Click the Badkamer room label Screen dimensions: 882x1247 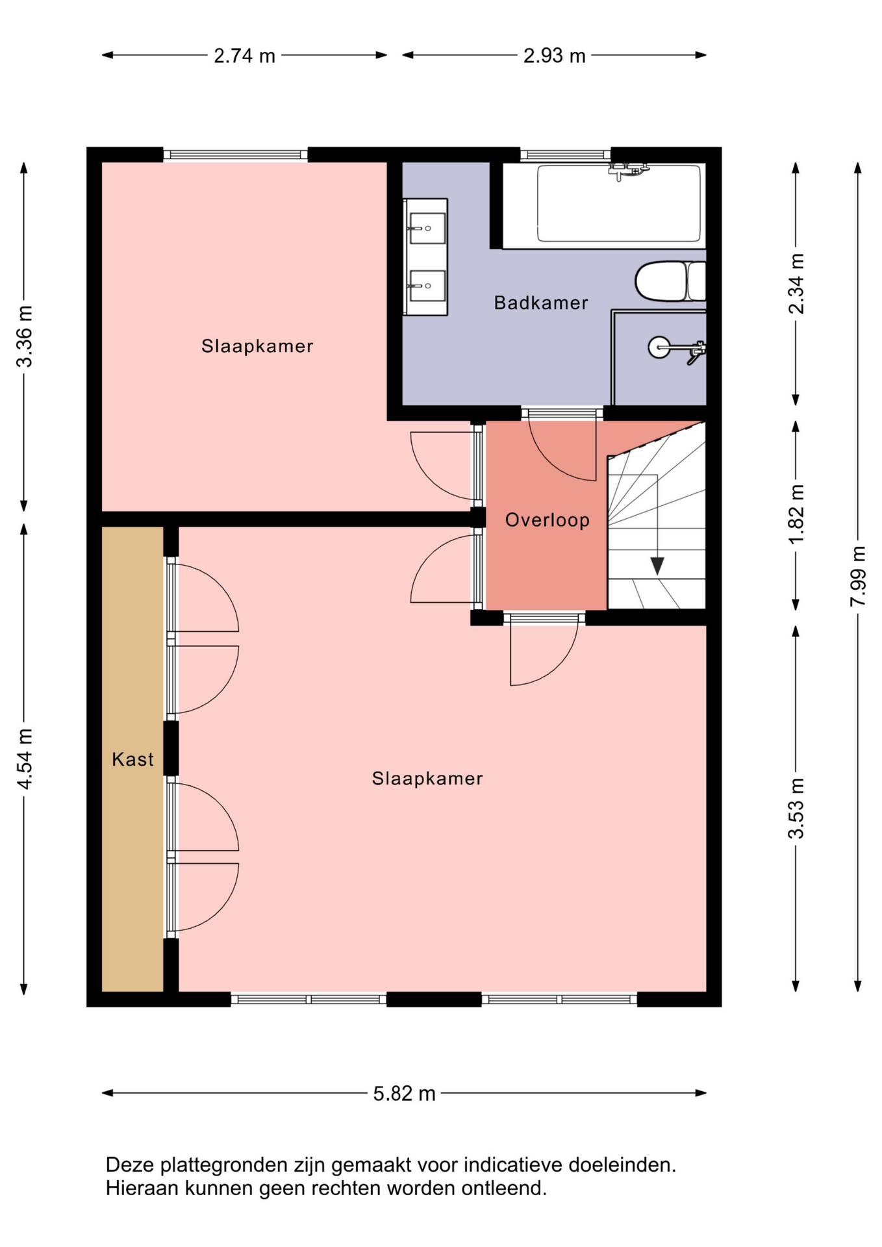(x=541, y=303)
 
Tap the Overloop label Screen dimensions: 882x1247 (x=548, y=520)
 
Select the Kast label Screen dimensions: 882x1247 (x=132, y=759)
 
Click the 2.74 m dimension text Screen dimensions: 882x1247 (x=245, y=56)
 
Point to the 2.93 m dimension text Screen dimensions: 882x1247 (x=555, y=56)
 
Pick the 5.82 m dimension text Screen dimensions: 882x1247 (x=404, y=1094)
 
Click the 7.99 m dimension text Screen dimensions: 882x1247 (x=858, y=577)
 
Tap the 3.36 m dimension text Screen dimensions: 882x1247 (x=25, y=336)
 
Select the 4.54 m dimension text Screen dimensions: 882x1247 (x=25, y=759)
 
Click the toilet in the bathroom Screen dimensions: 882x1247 (x=670, y=281)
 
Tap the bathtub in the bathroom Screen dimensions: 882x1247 (x=619, y=203)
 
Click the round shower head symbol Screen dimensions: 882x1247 (x=659, y=347)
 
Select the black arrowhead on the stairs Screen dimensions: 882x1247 (x=657, y=566)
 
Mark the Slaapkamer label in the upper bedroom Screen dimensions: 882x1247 (x=257, y=346)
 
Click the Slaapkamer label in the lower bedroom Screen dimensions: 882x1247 (x=427, y=779)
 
